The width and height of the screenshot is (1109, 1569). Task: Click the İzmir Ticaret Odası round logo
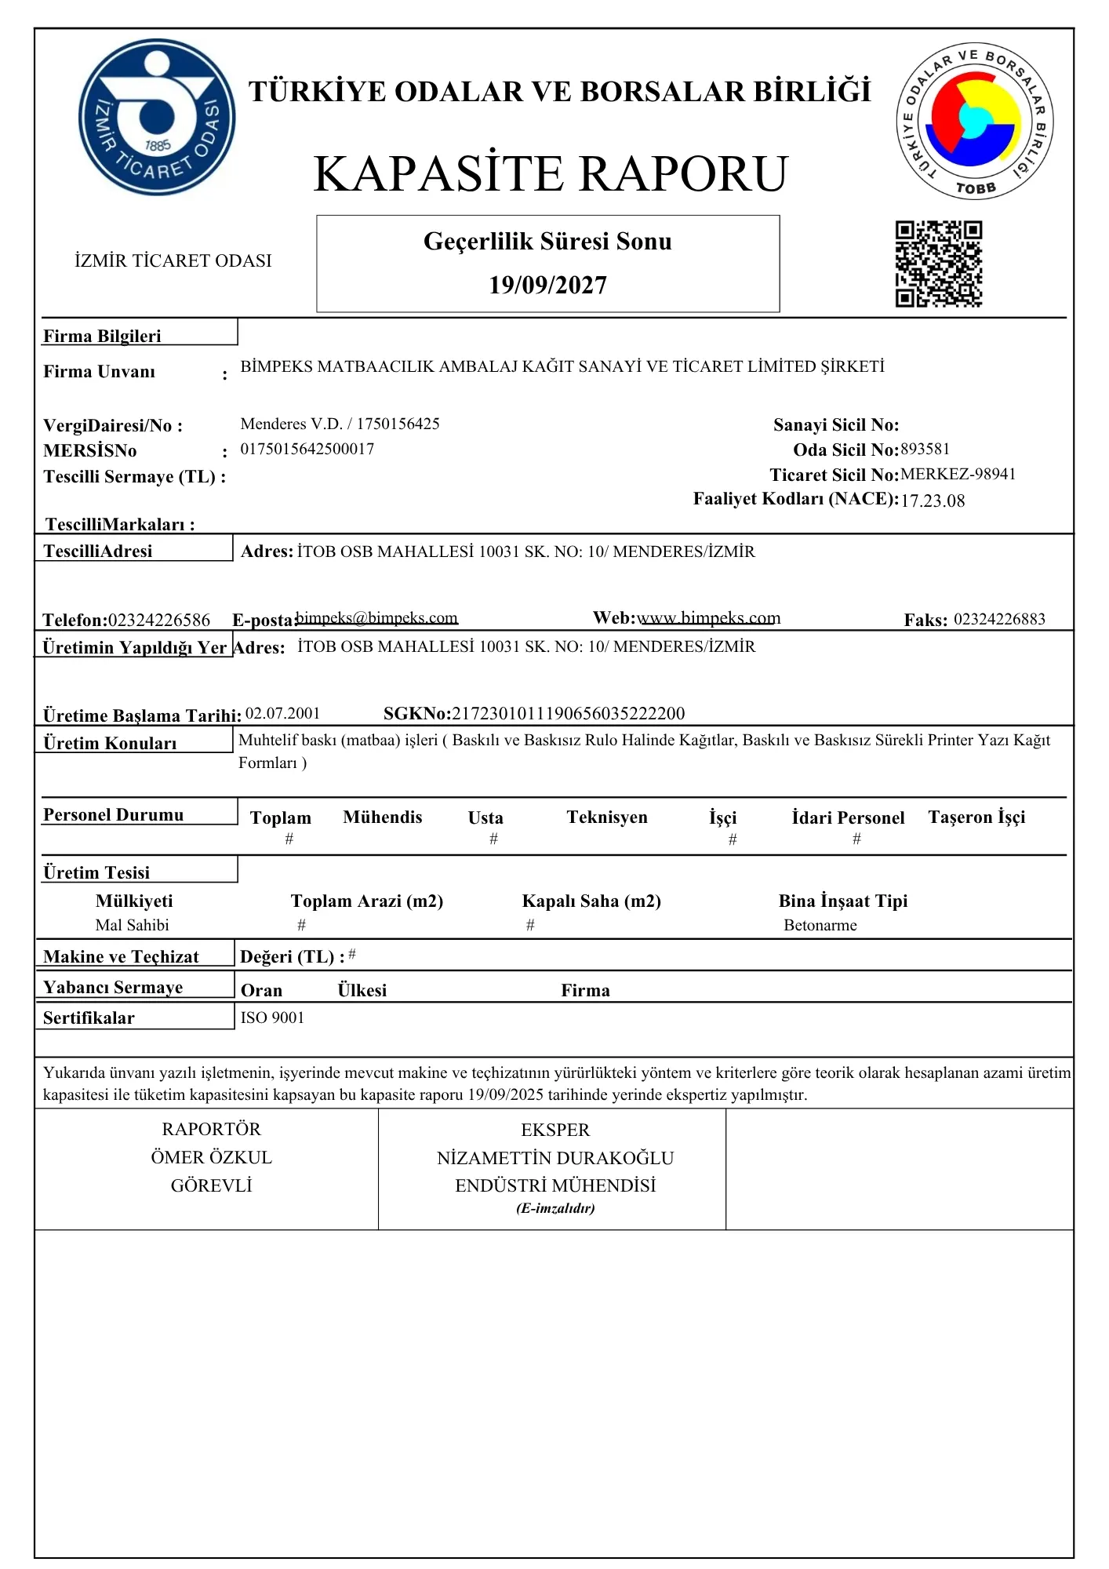tap(157, 117)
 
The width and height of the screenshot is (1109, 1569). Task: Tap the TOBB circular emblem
tap(975, 120)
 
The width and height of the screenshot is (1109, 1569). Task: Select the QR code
tap(939, 264)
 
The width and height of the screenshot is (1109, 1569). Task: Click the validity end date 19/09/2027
tap(547, 285)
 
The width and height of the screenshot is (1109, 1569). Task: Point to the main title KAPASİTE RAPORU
tap(551, 173)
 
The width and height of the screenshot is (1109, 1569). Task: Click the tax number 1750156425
tap(398, 424)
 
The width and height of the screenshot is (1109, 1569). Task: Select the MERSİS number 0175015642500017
tap(307, 450)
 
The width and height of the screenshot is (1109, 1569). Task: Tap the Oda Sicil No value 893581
tap(925, 450)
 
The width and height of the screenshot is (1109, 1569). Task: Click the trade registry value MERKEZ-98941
tap(958, 475)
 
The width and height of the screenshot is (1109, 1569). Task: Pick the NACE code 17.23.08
tap(933, 501)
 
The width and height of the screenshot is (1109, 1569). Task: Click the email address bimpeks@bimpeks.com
tap(377, 618)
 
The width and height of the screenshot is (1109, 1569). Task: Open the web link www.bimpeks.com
tap(708, 618)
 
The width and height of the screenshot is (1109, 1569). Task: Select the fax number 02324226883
tap(999, 620)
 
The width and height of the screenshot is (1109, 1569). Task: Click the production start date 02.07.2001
tap(283, 713)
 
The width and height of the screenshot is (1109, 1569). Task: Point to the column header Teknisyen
tap(607, 817)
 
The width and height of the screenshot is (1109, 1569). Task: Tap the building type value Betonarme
tap(820, 926)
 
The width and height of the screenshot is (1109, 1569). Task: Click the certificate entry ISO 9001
tap(272, 1018)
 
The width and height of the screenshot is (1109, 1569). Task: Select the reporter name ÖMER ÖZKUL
tap(211, 1158)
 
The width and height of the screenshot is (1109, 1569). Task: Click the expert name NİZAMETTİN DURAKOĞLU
tap(555, 1159)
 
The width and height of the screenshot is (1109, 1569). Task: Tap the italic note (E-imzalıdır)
tap(555, 1209)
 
